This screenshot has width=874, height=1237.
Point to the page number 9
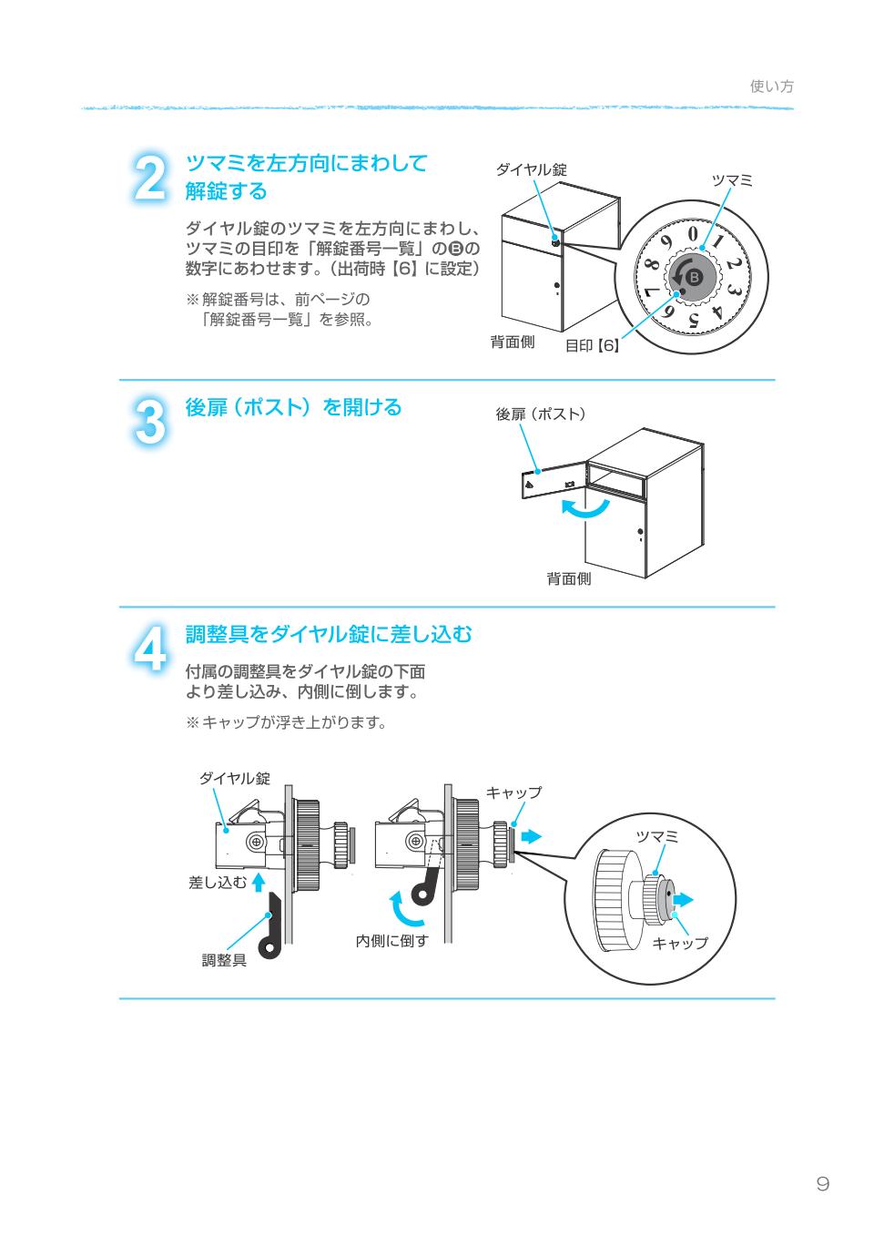822,1184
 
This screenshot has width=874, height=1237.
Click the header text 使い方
771,87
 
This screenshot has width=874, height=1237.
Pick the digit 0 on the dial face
693,234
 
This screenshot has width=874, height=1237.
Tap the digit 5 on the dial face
694,320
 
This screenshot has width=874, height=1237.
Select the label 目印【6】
593,346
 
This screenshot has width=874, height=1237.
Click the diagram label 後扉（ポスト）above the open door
541,414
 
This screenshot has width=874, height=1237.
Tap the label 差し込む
217,882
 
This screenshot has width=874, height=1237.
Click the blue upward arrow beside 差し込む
259,881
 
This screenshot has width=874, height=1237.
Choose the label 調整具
224,960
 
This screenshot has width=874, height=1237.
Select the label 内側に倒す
391,941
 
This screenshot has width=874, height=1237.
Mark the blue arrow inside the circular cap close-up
682,900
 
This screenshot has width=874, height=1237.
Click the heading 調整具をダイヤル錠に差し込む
329,634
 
